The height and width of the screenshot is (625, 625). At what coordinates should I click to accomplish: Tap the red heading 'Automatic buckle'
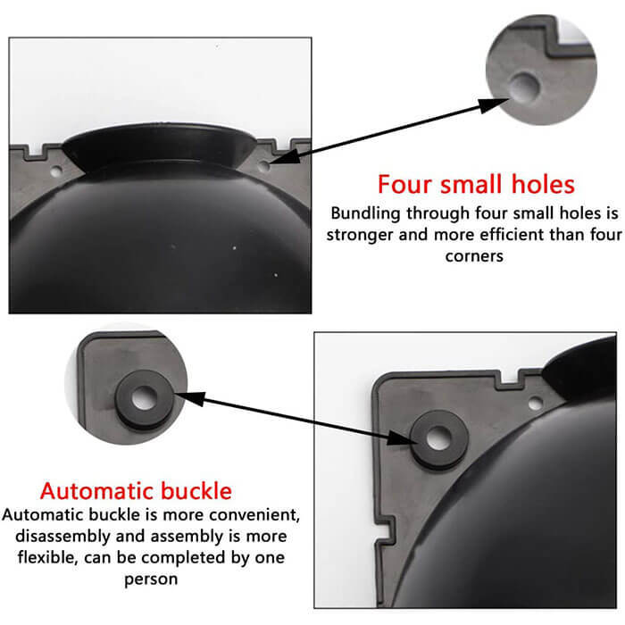(136, 490)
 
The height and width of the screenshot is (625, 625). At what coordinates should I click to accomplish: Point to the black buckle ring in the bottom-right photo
(437, 437)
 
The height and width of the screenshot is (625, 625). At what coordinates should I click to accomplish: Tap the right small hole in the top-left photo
(263, 165)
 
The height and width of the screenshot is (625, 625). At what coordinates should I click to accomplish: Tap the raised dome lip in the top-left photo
(161, 143)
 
